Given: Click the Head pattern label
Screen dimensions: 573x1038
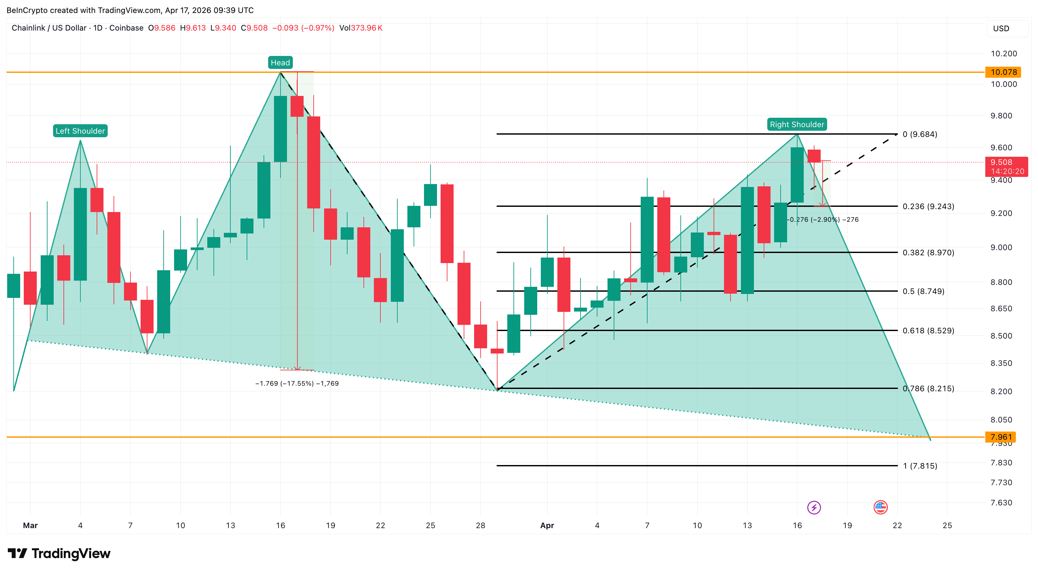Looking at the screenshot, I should [x=280, y=63].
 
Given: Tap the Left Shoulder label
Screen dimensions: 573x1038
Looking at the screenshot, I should [x=80, y=131].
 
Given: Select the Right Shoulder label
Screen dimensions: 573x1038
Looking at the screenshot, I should [x=797, y=125].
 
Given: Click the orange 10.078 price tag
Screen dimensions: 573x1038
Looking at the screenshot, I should [x=1004, y=72].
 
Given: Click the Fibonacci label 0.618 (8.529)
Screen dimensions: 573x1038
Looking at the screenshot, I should [x=928, y=331].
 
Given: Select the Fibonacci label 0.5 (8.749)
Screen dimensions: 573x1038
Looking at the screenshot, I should [x=923, y=291].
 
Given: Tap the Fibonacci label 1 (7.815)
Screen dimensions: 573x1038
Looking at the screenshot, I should [x=920, y=466].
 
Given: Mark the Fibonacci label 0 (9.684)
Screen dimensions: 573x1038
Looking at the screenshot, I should [x=920, y=134].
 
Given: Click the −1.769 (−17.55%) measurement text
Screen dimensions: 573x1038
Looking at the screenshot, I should [x=297, y=383].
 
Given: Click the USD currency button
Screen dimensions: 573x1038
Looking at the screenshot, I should [x=1001, y=29].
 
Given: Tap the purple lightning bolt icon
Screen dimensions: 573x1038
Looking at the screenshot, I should [x=813, y=507].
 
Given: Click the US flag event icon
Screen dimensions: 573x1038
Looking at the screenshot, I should [x=881, y=507].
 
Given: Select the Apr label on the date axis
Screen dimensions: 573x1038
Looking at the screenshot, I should [x=547, y=526].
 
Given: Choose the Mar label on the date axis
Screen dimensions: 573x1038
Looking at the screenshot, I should [x=30, y=526].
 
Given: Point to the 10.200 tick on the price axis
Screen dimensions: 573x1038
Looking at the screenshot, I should [x=1004, y=54].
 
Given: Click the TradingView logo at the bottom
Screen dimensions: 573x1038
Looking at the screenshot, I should [x=59, y=554].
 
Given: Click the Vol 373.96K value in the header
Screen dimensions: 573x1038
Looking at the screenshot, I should [x=361, y=28].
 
